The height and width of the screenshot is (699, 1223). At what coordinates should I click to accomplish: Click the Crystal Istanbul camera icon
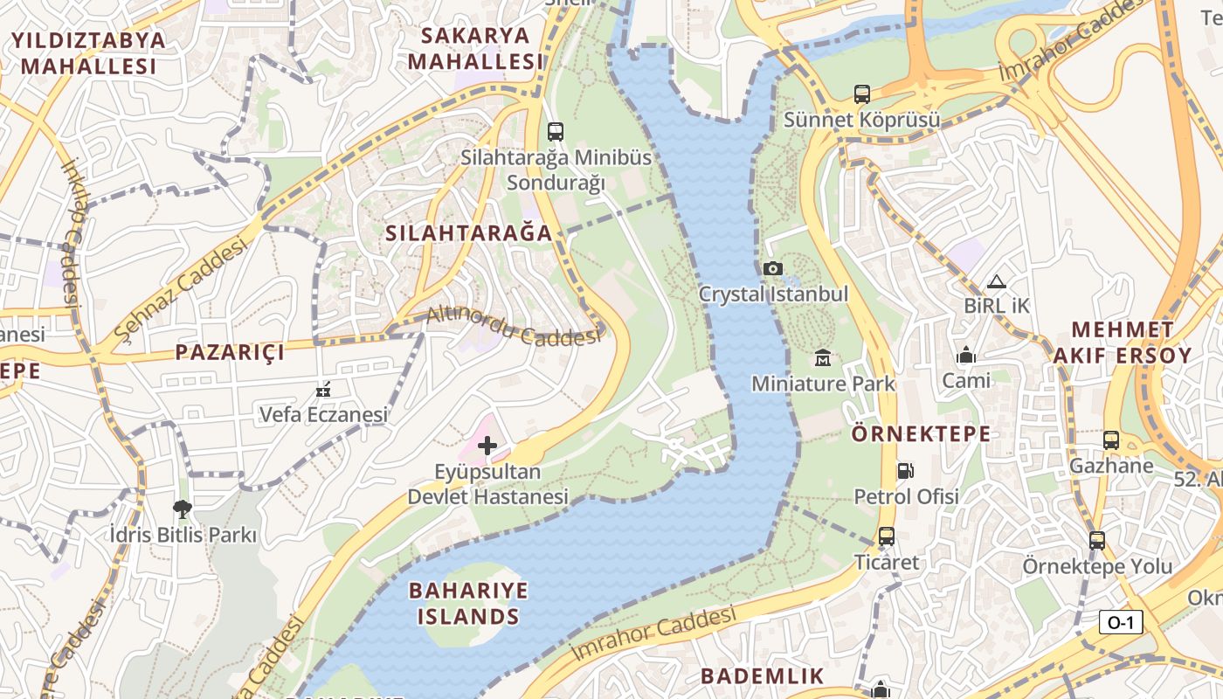coord(773,269)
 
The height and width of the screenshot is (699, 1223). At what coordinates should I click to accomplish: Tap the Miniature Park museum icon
coord(823,357)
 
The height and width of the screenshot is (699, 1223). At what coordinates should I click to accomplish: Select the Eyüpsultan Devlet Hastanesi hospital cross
coord(487,446)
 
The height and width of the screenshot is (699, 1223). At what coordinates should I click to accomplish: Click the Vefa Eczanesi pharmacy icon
coord(323,389)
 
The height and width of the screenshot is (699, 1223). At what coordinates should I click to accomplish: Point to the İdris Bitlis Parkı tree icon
coord(182,509)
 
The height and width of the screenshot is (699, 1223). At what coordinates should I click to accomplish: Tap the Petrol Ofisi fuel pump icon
coord(906,471)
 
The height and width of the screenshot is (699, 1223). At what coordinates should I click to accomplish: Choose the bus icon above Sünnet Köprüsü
coord(861,94)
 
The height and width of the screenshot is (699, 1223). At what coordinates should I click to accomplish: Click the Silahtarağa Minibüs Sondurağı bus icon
coord(555,132)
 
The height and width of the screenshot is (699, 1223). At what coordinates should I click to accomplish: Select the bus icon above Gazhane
coord(1111,440)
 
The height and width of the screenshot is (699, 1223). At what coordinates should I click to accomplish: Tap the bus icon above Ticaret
coord(887,536)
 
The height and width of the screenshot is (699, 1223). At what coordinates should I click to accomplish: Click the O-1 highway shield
coord(1121,622)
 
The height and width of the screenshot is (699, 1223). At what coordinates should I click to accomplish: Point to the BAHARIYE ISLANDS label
coord(468,604)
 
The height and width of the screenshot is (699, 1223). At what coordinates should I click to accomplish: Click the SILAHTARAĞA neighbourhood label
coord(469,233)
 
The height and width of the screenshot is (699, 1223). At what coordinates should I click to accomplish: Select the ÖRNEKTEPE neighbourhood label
coord(921,434)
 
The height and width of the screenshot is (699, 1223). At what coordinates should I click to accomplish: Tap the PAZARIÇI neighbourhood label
coord(230,352)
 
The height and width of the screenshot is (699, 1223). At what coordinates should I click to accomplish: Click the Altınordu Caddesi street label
coord(513,326)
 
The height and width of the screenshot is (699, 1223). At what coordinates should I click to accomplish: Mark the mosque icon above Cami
coord(966,356)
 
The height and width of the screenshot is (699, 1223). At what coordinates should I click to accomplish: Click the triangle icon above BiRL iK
coord(997,282)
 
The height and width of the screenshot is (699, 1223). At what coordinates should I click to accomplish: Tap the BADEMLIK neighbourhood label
coord(762,675)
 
